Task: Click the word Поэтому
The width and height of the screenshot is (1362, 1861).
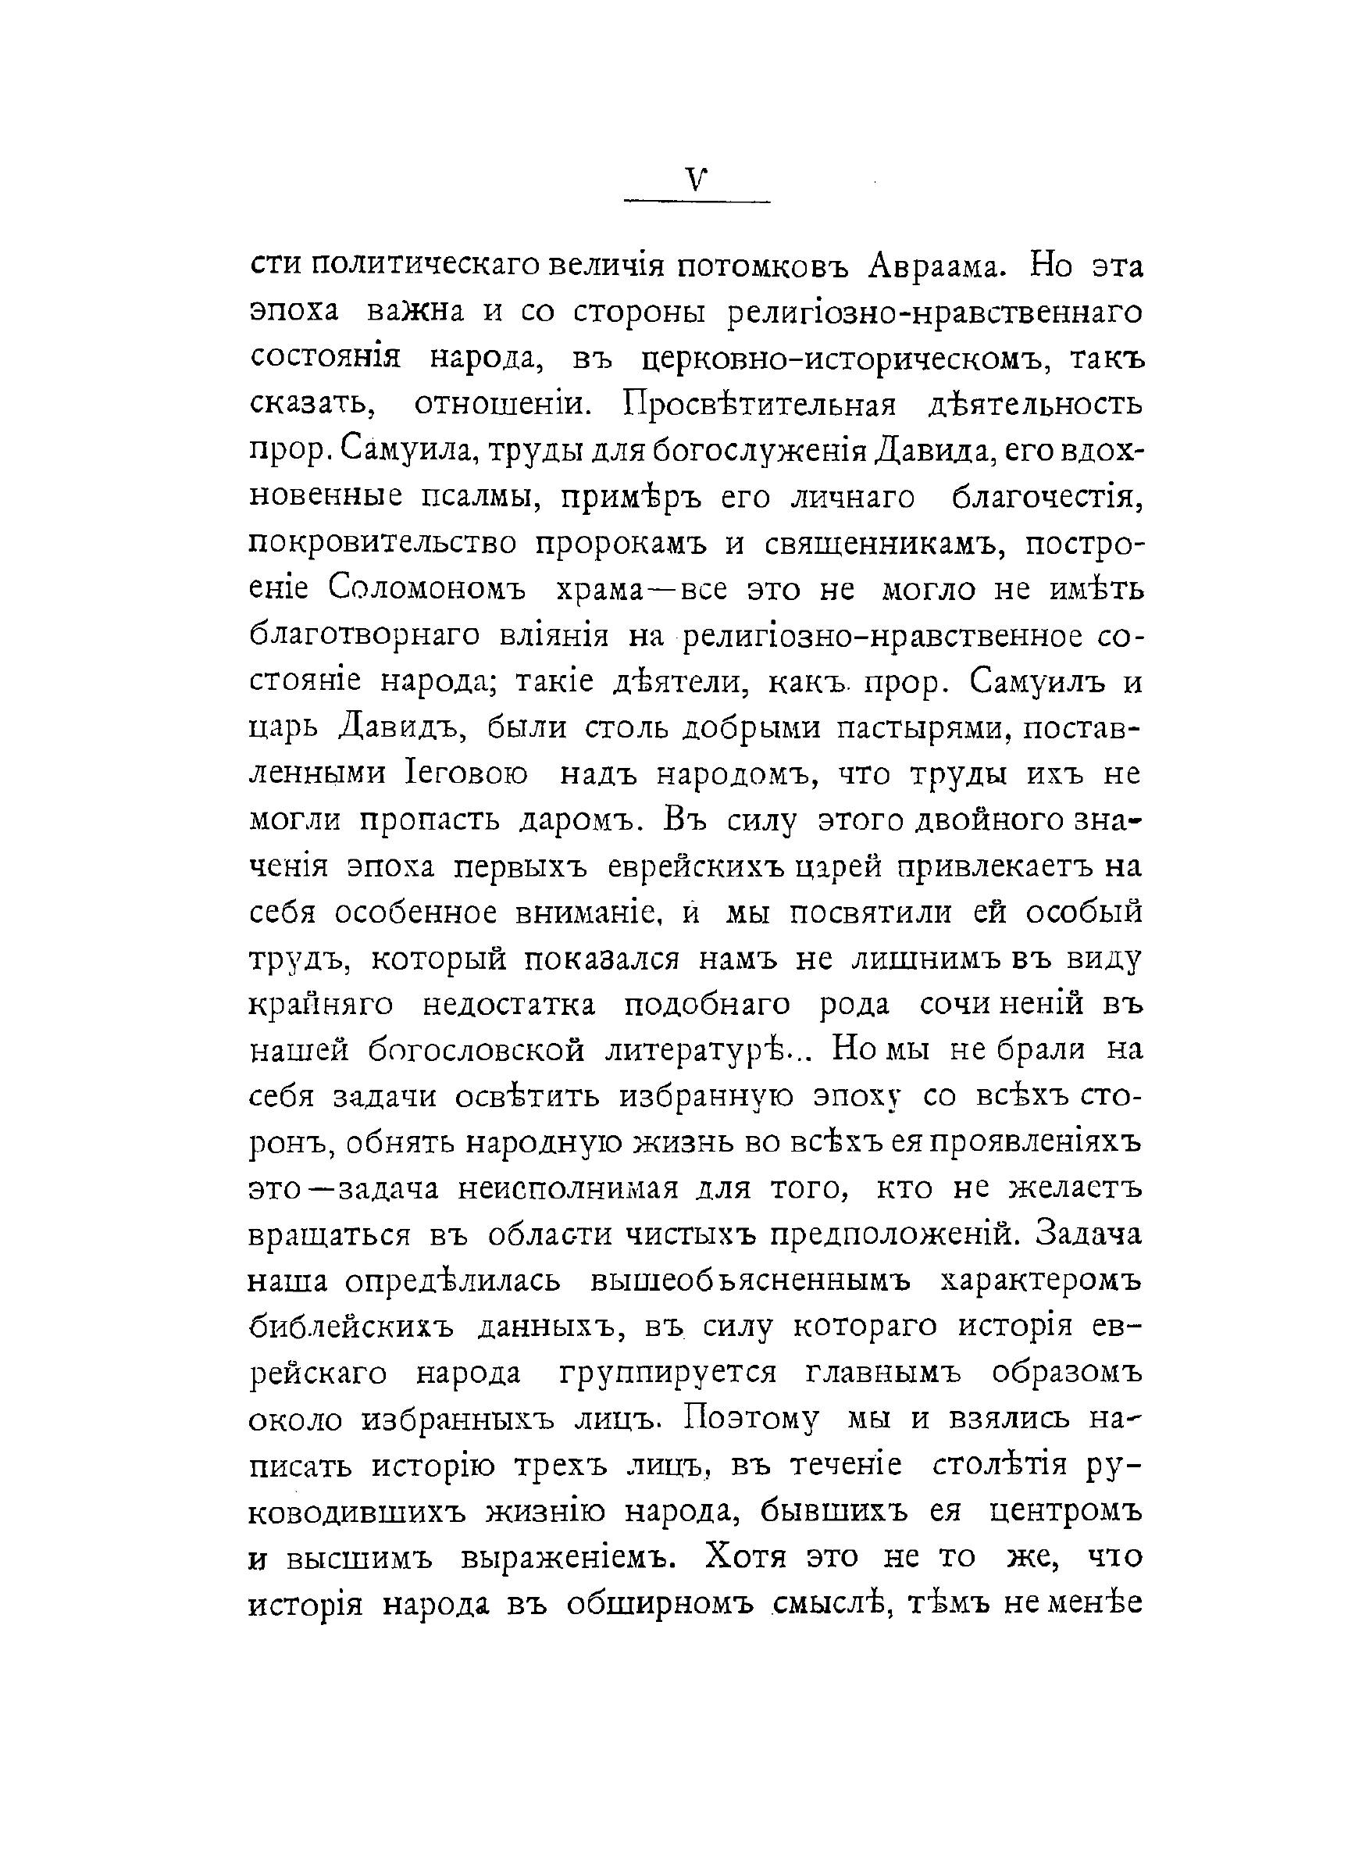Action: tap(751, 1420)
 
